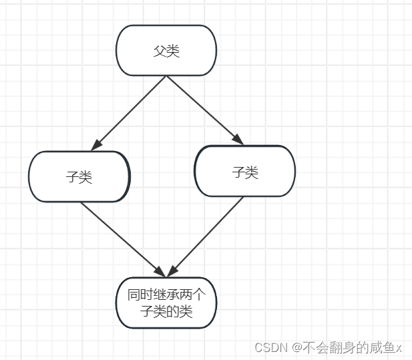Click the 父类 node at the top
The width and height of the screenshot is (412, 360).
(x=166, y=51)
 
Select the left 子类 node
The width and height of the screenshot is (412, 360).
(x=79, y=177)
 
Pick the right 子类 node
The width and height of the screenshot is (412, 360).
(x=244, y=172)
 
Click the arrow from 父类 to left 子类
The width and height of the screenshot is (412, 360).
(x=131, y=112)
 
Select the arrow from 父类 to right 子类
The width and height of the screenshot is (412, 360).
(x=203, y=110)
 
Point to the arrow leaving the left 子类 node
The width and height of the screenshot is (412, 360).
(x=120, y=237)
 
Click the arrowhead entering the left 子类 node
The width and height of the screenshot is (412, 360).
(x=97, y=144)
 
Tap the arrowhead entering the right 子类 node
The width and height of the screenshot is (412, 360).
(x=238, y=139)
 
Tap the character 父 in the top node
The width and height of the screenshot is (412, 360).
(x=160, y=51)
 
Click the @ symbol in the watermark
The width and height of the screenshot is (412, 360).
(x=295, y=347)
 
